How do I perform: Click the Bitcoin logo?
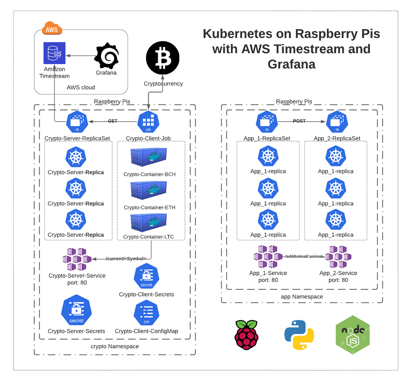click(162, 58)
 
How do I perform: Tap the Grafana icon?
click(106, 56)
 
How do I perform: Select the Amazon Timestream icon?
click(54, 53)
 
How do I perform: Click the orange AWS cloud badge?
click(51, 29)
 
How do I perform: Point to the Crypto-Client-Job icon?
click(148, 122)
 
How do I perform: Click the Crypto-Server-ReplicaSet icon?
click(77, 122)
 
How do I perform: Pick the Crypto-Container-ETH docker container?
click(149, 190)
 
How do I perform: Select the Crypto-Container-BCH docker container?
click(149, 157)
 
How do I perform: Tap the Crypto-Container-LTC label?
click(149, 237)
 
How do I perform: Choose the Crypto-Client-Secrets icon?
click(147, 276)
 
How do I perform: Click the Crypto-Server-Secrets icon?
click(76, 310)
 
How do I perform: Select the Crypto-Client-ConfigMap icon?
click(147, 313)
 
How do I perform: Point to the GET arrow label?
click(113, 121)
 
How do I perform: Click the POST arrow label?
click(299, 121)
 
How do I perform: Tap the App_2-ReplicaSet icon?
click(337, 122)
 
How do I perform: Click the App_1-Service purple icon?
click(268, 257)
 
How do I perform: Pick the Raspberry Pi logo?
click(247, 335)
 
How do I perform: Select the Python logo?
click(299, 335)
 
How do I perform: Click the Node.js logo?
click(353, 335)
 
